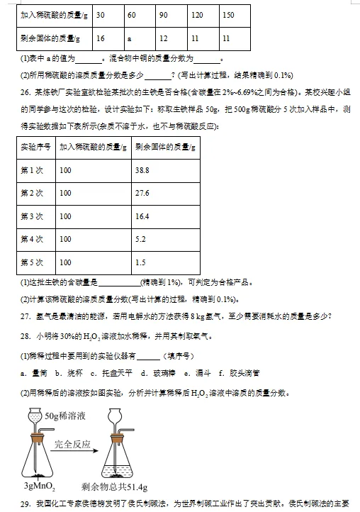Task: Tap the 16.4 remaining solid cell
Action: (142, 216)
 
